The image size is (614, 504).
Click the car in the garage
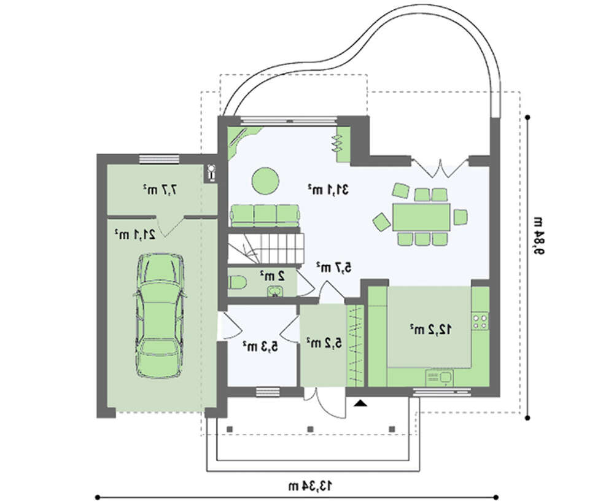click(160, 316)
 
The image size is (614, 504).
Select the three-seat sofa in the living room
click(265, 215)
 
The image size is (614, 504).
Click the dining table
click(421, 217)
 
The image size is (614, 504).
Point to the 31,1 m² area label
click(328, 190)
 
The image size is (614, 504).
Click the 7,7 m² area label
click(160, 190)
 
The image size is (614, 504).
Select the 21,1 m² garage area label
click(134, 235)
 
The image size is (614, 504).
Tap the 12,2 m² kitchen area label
click(430, 329)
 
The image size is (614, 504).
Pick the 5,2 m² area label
click(324, 343)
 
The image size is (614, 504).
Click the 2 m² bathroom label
click(273, 276)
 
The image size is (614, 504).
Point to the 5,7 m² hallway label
click(334, 268)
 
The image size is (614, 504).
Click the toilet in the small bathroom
click(237, 282)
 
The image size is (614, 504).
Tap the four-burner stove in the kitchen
click(480, 321)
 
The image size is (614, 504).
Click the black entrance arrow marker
click(360, 403)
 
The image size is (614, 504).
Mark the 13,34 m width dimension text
click(310, 486)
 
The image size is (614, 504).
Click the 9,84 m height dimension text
click(537, 236)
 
